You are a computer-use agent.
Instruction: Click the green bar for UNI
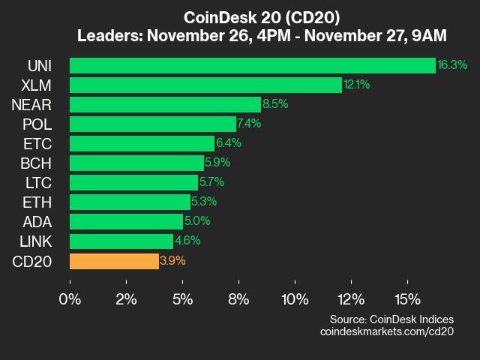(252, 65)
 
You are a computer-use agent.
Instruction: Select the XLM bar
(205, 85)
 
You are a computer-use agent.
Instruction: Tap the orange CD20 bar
(114, 261)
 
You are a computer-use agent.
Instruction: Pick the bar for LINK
(121, 241)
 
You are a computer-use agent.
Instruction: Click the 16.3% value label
(452, 65)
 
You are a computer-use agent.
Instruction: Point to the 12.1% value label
(356, 85)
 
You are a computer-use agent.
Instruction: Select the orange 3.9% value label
(172, 261)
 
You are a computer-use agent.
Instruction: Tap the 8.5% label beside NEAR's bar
(275, 104)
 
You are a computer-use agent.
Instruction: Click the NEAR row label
(31, 104)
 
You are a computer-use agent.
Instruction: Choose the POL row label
(37, 124)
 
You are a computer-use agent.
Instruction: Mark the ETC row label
(37, 143)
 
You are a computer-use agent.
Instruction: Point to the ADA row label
(37, 222)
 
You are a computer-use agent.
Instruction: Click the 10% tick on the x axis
(295, 299)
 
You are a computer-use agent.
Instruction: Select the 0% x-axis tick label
(70, 299)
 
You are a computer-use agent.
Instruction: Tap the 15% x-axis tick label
(407, 299)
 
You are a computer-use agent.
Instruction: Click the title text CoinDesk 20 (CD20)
(239, 17)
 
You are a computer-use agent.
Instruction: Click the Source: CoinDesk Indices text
(391, 319)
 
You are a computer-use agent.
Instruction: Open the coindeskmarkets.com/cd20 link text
(386, 331)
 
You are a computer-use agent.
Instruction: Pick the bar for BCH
(136, 163)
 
